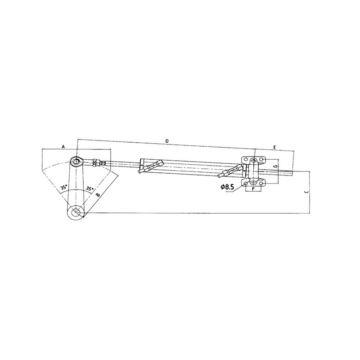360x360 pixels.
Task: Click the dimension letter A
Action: click(63, 146)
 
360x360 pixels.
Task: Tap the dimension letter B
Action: click(98, 194)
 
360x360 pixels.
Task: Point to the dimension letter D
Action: click(167, 141)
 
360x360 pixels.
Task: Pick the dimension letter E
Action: click(274, 147)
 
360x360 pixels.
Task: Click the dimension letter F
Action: click(253, 189)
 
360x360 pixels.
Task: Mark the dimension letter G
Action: click(276, 166)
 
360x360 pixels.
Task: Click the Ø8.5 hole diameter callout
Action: click(227, 187)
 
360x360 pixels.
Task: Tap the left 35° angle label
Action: click(64, 187)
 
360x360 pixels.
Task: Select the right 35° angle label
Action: click(90, 188)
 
